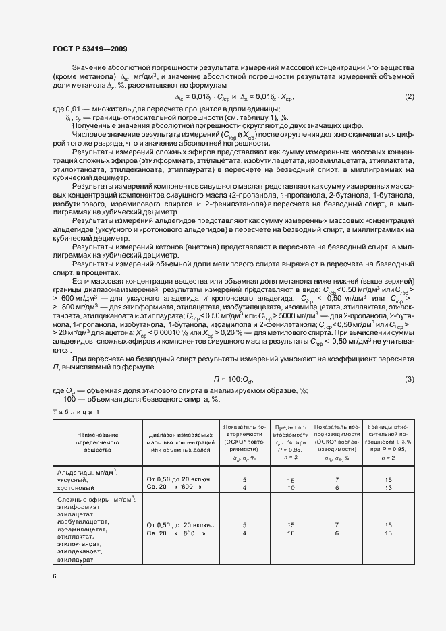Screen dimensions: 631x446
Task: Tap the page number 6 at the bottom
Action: (x=55, y=575)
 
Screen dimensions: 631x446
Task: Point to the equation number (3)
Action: (x=409, y=380)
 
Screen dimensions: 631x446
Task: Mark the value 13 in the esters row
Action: (x=388, y=533)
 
